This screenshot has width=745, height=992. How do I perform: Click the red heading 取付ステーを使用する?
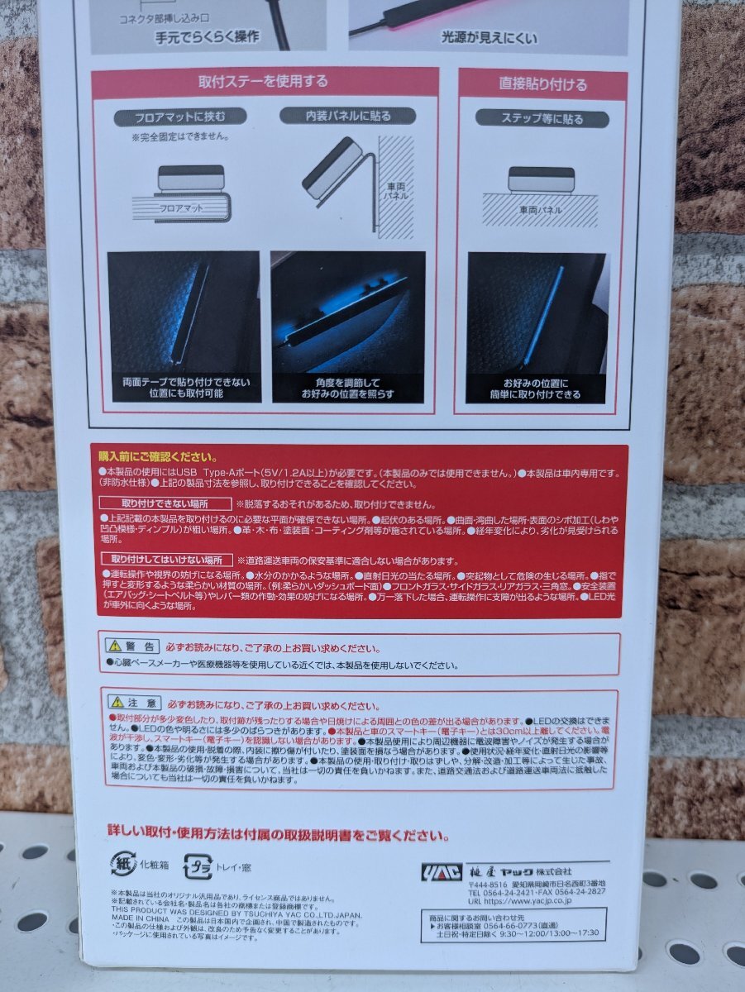pos(263,82)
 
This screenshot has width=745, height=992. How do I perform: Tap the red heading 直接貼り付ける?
pos(542,84)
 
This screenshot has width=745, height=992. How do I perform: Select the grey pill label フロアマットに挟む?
pos(179,116)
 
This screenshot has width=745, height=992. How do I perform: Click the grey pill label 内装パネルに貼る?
pos(346,116)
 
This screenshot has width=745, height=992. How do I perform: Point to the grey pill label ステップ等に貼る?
pos(542,118)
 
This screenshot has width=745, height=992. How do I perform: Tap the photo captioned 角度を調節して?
pos(348,327)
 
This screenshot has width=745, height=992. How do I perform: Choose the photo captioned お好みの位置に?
pos(537,327)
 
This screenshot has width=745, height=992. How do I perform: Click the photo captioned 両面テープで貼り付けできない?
pos(184,327)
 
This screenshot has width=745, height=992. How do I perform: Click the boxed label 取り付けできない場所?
pos(165,503)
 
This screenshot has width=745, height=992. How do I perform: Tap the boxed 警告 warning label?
pos(131,646)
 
